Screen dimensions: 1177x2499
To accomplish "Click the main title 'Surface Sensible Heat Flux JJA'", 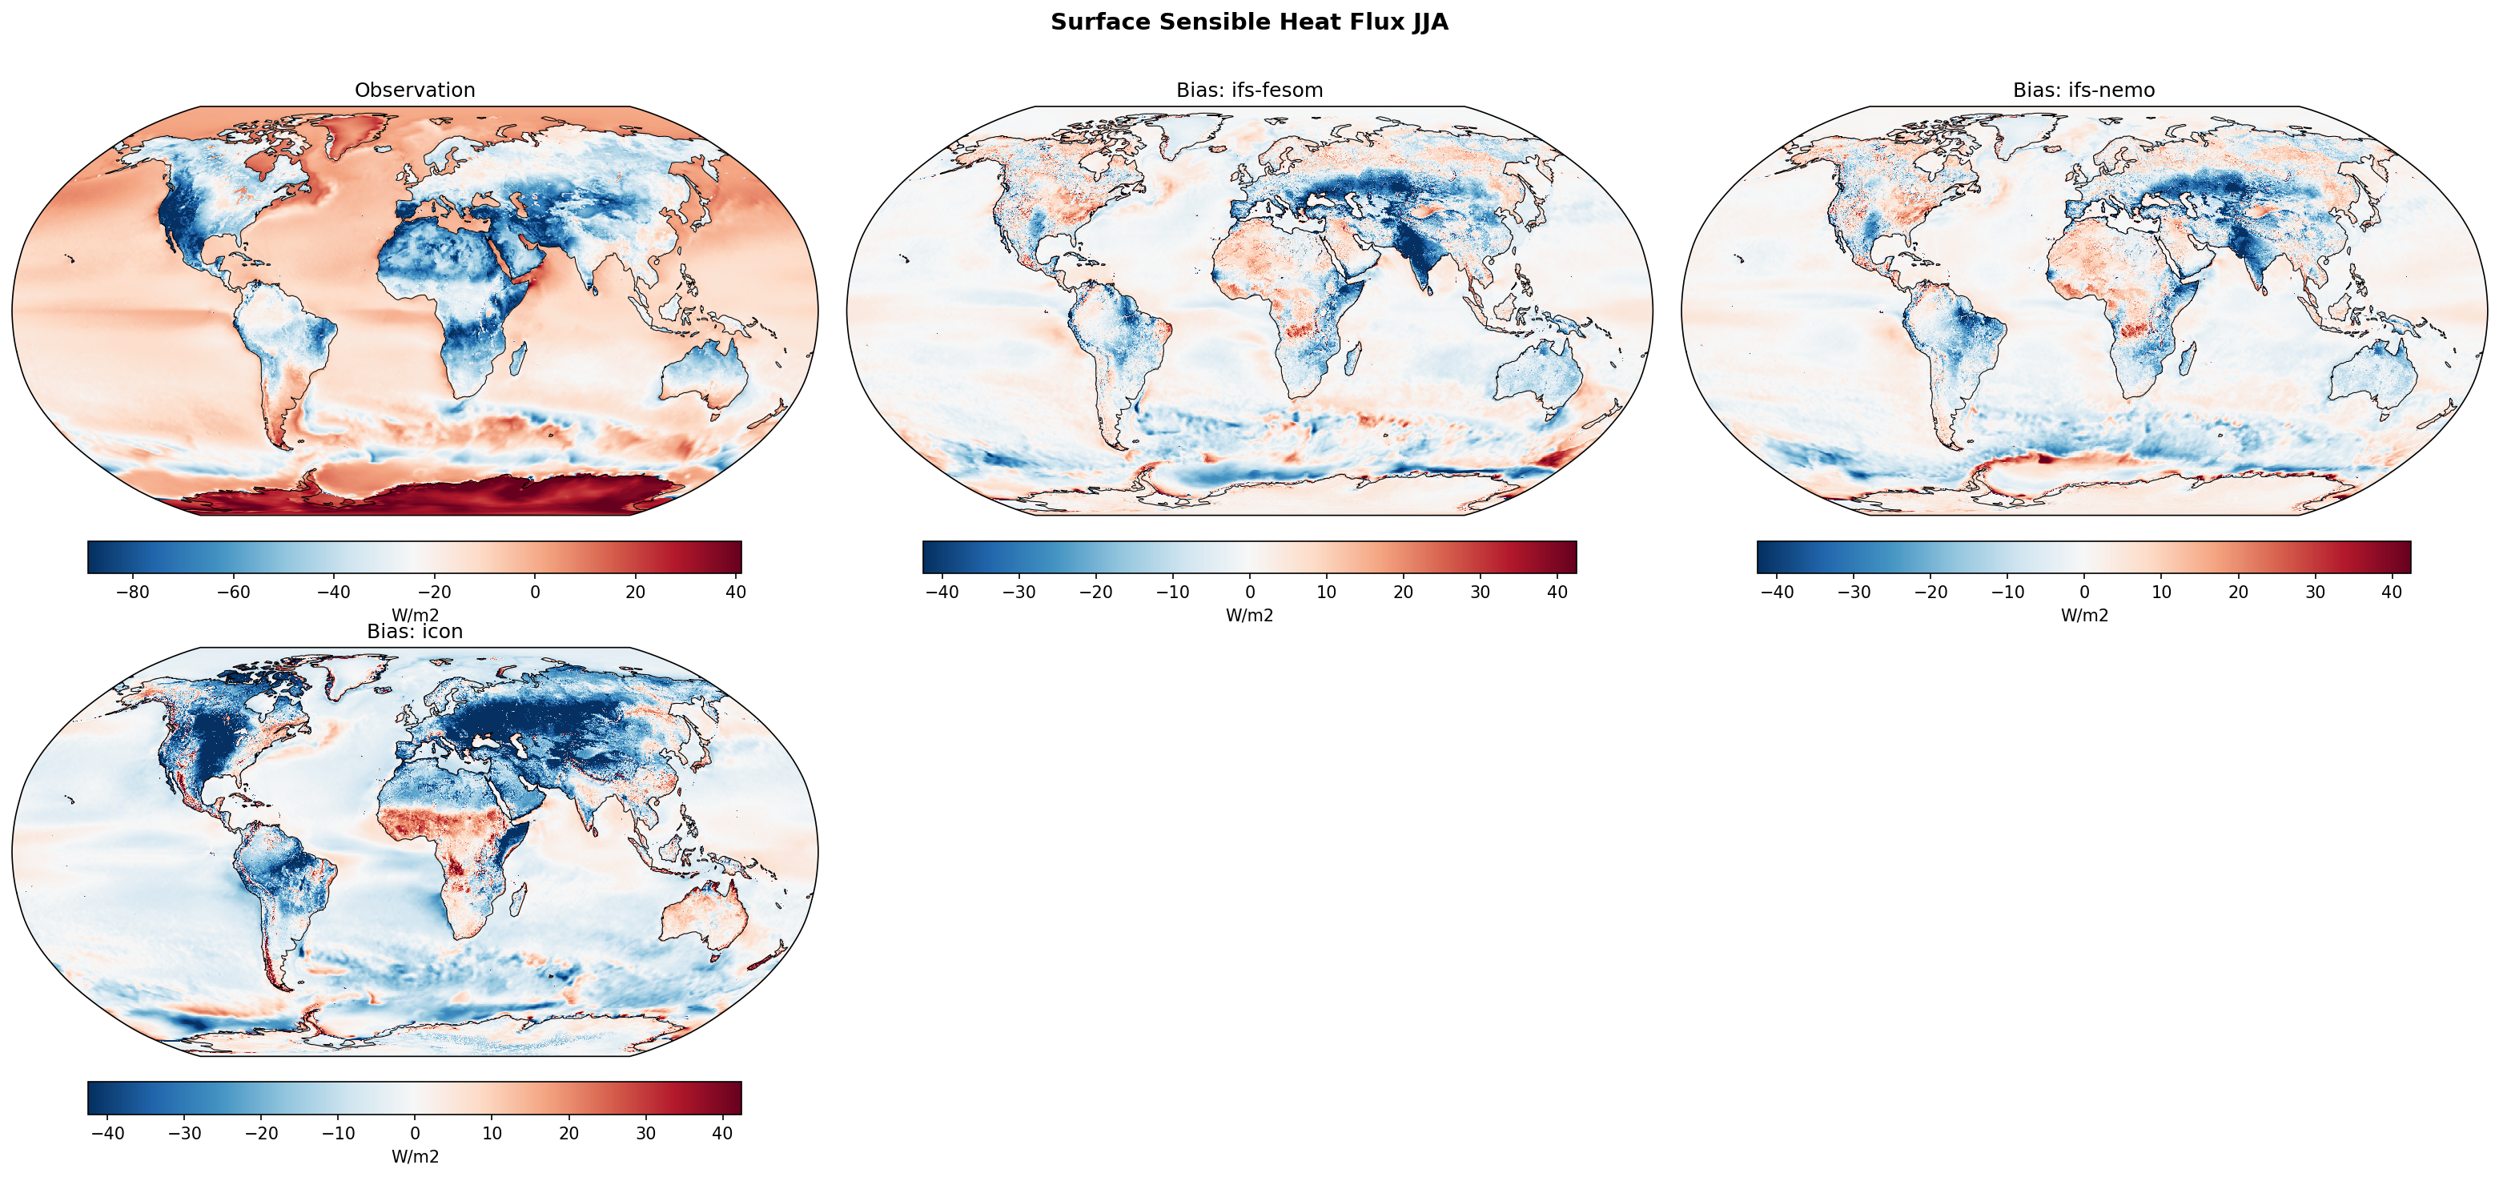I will (1248, 22).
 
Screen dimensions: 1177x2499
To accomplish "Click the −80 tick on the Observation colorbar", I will (132, 592).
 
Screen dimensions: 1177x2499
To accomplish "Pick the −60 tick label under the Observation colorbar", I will (233, 592).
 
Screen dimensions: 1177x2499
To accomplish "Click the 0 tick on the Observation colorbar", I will (535, 592).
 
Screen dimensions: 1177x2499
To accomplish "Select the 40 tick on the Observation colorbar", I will (735, 592).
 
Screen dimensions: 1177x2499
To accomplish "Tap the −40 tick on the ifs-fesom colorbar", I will (941, 592).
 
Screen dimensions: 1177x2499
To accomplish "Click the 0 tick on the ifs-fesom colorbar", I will (1249, 592).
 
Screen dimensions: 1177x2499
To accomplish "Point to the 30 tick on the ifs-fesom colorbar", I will (1481, 592).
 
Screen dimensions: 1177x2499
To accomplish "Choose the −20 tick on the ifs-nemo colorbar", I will (1930, 592).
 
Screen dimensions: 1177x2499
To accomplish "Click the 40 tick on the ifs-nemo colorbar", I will (2392, 592).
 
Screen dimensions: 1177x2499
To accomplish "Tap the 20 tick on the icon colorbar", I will (569, 1133).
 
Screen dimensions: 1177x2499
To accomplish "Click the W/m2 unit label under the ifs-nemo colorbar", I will (2083, 615).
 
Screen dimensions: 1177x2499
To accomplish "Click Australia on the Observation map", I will (705, 374).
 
